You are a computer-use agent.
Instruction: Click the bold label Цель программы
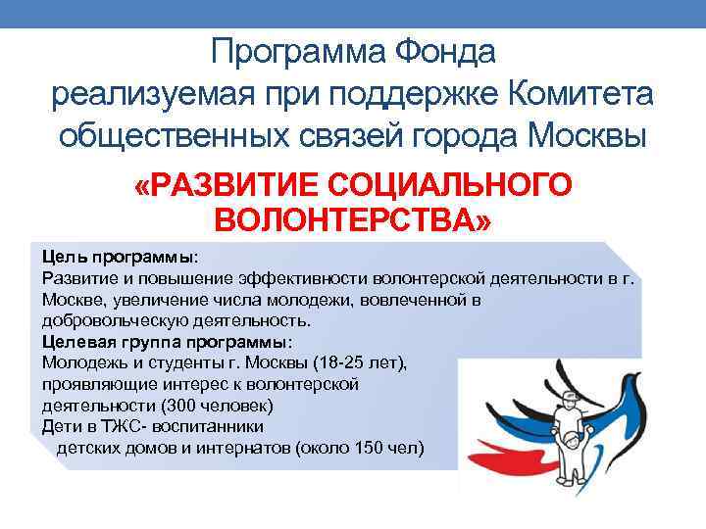[x=118, y=257]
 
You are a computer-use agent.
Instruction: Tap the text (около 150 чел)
[x=365, y=449]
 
